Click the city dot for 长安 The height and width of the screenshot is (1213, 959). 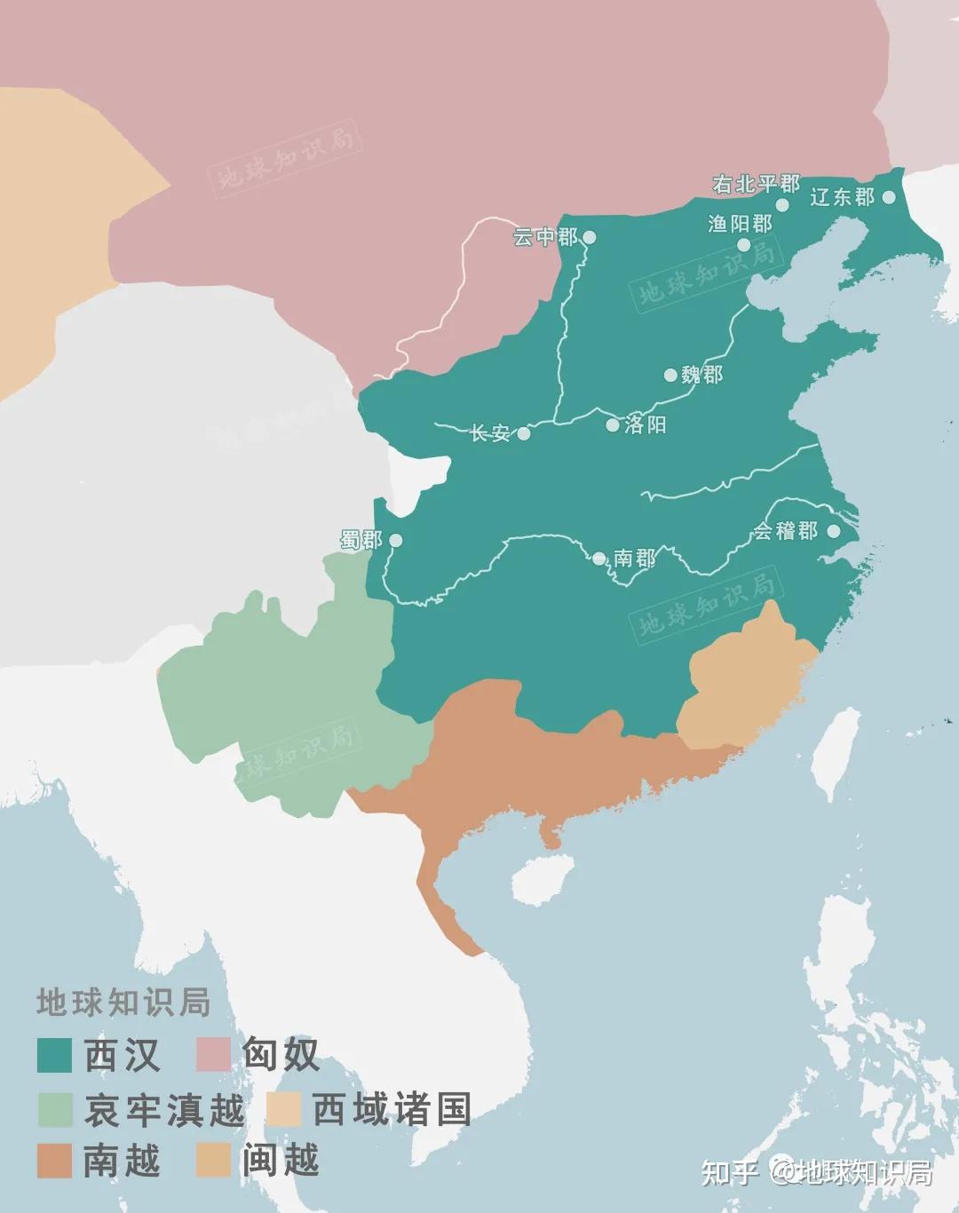click(524, 434)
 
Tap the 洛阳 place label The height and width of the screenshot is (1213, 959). click(646, 424)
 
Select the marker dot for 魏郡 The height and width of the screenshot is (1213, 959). click(671, 375)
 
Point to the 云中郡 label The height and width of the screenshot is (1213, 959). click(545, 237)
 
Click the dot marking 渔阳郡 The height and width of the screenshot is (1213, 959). click(743, 245)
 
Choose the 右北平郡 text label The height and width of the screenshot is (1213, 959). click(756, 184)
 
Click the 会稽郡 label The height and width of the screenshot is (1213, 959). click(785, 531)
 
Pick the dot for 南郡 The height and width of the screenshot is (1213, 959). click(599, 559)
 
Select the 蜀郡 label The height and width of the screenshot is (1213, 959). click(361, 540)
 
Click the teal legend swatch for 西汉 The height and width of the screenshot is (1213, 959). click(54, 1055)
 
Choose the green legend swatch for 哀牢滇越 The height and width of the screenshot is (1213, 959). click(54, 1109)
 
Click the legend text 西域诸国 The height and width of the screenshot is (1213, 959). click(392, 1109)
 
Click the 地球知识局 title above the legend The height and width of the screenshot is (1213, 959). click(123, 1002)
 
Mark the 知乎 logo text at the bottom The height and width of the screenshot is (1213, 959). click(730, 1172)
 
